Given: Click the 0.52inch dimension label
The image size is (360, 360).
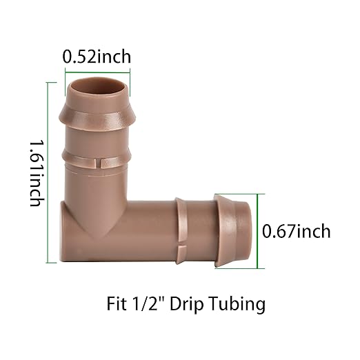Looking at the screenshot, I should (97, 57).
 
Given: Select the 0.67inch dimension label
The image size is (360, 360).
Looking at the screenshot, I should (297, 231).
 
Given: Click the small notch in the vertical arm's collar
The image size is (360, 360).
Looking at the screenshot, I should (97, 164).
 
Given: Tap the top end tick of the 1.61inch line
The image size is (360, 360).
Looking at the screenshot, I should (48, 82).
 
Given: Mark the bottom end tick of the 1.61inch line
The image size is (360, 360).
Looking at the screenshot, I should (48, 263).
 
